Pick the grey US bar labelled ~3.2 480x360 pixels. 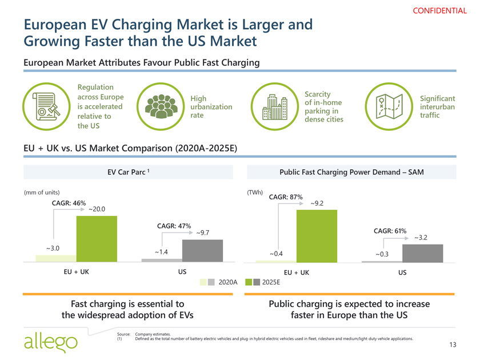422,253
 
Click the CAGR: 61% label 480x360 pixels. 390,231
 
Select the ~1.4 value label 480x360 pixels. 161,252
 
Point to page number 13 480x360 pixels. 453,344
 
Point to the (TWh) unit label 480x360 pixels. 254,192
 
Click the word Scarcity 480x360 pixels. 319,94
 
